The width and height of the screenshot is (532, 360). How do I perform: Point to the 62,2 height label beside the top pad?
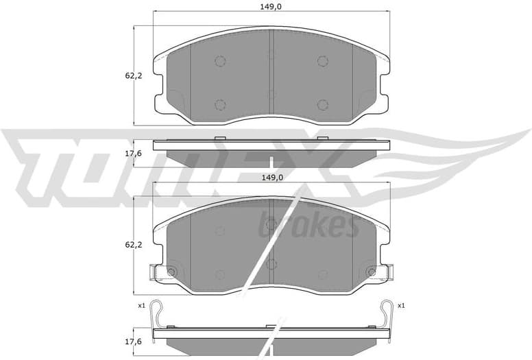click(x=133, y=75)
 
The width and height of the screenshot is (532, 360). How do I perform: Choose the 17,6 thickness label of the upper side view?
click(x=133, y=153)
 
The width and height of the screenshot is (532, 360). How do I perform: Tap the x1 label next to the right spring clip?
click(x=401, y=305)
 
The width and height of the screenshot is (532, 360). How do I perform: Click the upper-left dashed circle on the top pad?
click(x=220, y=61)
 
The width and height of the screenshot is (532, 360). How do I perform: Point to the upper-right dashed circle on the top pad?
click(x=322, y=61)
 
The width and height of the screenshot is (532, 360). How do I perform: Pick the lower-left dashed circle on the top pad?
click(x=220, y=105)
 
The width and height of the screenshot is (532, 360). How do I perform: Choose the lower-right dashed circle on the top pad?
click(x=322, y=105)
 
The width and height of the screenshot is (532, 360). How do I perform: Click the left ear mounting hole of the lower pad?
click(x=171, y=272)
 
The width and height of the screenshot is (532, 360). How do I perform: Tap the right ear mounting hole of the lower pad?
click(x=372, y=272)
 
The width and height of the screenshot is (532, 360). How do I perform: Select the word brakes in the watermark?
click(x=308, y=225)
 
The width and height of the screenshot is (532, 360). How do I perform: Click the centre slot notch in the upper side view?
click(x=271, y=162)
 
